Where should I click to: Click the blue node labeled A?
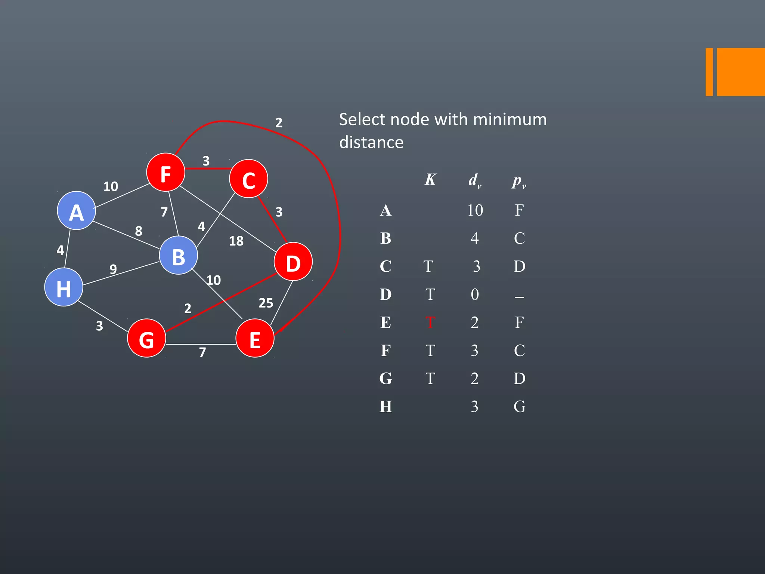pyautogui.click(x=76, y=211)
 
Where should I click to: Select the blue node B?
pyautogui.click(x=178, y=256)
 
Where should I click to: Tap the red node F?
pyautogui.click(x=165, y=173)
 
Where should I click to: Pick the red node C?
pyautogui.click(x=248, y=179)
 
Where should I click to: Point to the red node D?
pyautogui.click(x=293, y=262)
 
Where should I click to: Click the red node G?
pyautogui.click(x=146, y=338)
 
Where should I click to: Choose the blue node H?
pyautogui.click(x=64, y=287)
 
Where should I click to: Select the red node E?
pyautogui.click(x=255, y=339)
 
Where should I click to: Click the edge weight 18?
pyautogui.click(x=236, y=241)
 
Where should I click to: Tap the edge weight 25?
pyautogui.click(x=266, y=303)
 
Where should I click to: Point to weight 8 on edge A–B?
pyautogui.click(x=139, y=231)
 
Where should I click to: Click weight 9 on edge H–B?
pyautogui.click(x=113, y=269)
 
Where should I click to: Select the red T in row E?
pyautogui.click(x=430, y=323)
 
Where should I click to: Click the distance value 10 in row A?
pyautogui.click(x=475, y=210)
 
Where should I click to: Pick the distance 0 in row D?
pyautogui.click(x=475, y=294)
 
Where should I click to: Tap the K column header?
pyautogui.click(x=430, y=180)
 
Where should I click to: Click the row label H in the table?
pyautogui.click(x=385, y=407)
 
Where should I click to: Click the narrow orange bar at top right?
pyautogui.click(x=709, y=72)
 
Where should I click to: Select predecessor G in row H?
pyautogui.click(x=519, y=407)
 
